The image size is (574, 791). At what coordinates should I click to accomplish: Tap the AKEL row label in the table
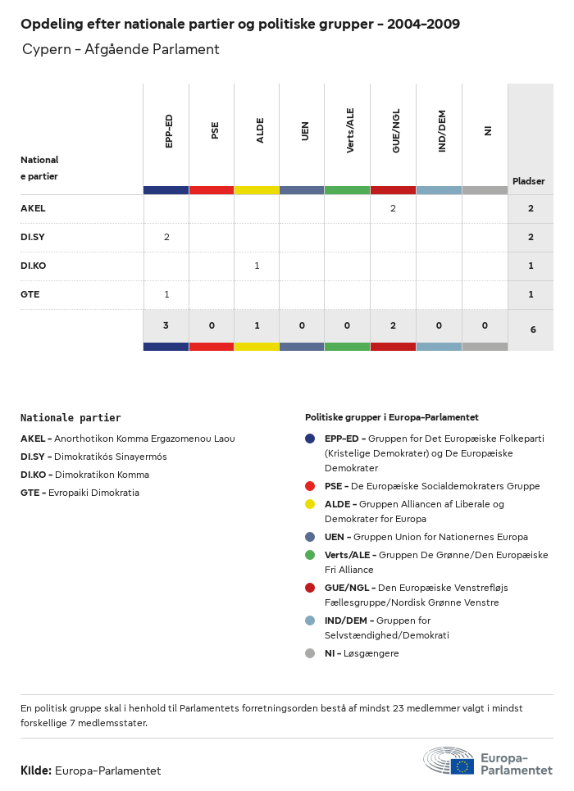[x=33, y=209]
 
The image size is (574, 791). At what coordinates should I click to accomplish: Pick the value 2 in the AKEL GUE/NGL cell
[x=393, y=209]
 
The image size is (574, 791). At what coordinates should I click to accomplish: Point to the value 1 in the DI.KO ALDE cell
[x=257, y=266]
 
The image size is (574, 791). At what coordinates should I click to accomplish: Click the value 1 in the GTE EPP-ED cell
[x=166, y=295]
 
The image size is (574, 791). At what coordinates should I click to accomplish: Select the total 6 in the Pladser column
[x=531, y=330]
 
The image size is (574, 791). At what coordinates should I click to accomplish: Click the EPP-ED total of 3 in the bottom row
[x=166, y=326]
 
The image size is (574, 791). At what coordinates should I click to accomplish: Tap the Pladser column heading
[x=529, y=181]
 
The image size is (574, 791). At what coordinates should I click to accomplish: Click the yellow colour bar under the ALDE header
[x=257, y=190]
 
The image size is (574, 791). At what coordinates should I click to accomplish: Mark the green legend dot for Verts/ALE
[x=310, y=555]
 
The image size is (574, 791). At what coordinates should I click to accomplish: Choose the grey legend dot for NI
[x=310, y=653]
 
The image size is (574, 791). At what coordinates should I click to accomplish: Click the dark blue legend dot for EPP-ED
[x=310, y=439]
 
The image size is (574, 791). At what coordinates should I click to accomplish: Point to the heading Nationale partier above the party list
[x=71, y=417]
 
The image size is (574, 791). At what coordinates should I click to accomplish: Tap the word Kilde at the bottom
[x=35, y=771]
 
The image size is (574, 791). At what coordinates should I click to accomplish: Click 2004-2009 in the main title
[x=424, y=25]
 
